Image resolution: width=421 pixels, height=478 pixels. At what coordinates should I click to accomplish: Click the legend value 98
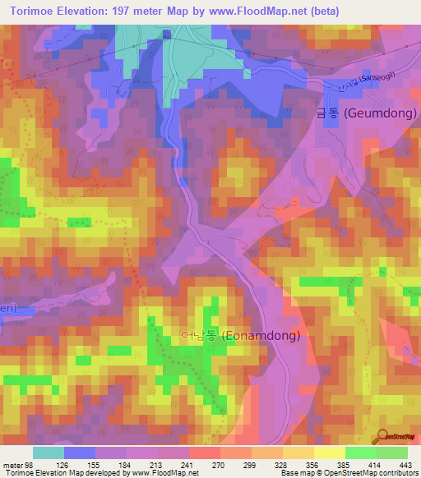30,464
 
